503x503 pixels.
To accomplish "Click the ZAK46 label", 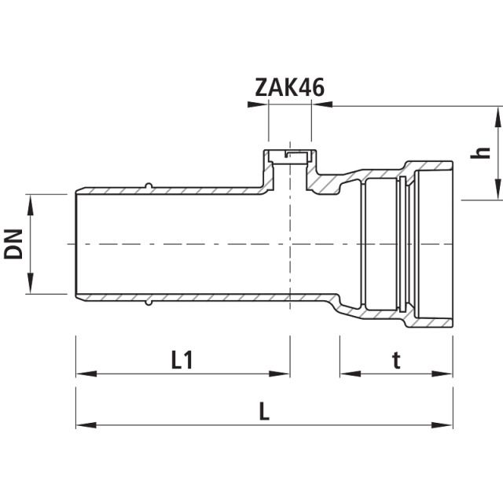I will (289, 87).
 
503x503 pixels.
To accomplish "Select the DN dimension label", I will (13, 244).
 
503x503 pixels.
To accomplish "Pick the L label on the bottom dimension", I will (264, 411).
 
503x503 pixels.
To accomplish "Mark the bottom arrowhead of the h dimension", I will (496, 193).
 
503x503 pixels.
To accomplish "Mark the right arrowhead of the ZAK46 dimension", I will (320, 104).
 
